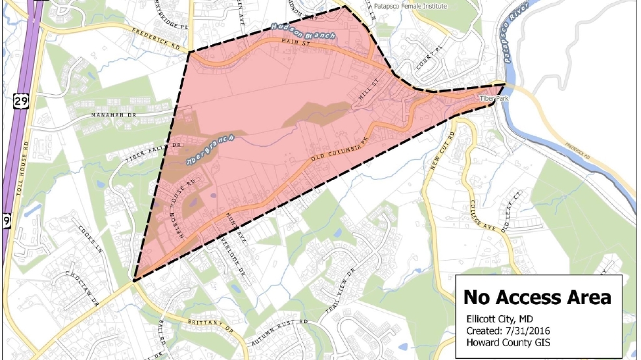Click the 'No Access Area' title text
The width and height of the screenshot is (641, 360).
[537, 297]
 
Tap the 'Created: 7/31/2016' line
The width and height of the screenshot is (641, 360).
[504, 331]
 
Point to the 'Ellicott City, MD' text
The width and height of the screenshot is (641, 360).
[501, 319]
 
